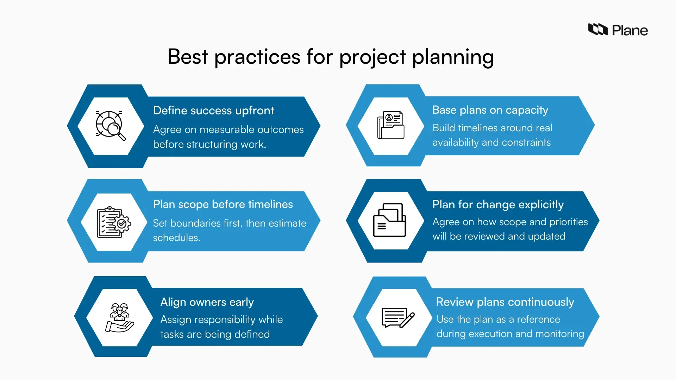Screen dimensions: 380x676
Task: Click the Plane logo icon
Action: point(598,30)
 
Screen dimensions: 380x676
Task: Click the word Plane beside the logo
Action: point(630,31)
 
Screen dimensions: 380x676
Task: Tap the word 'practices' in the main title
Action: point(257,57)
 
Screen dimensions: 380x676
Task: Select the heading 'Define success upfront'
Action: point(213,110)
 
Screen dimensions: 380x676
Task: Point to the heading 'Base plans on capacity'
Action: point(490,110)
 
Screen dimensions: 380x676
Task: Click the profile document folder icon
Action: point(391,125)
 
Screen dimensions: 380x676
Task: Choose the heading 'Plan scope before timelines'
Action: point(223,204)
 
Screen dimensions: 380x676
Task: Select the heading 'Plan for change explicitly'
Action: point(498,204)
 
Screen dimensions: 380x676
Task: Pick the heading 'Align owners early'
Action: point(207,302)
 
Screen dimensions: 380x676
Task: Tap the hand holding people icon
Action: point(119,318)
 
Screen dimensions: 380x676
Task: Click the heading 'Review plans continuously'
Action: point(505,302)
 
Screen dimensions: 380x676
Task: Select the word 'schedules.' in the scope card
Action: point(177,238)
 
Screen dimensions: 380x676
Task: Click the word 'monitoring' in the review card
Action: point(563,334)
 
